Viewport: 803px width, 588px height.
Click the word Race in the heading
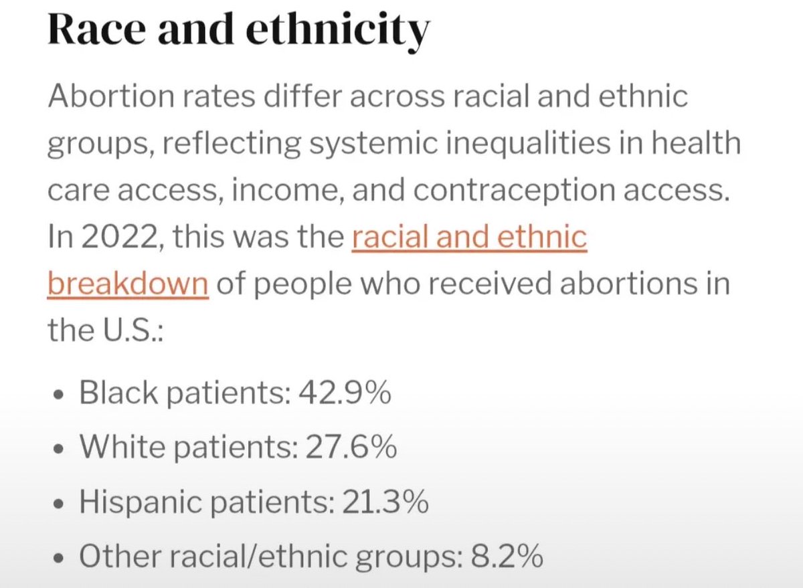(x=97, y=29)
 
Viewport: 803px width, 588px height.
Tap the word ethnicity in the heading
(x=338, y=33)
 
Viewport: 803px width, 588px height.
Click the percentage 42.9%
(x=345, y=392)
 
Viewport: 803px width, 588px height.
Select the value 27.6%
(x=351, y=446)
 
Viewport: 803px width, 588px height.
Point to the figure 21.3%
(x=385, y=501)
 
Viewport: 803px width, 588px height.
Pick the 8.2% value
(x=507, y=556)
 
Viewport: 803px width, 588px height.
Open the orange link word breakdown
(x=128, y=283)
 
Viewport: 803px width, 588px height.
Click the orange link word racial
(x=390, y=237)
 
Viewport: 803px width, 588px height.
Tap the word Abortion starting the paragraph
(x=111, y=96)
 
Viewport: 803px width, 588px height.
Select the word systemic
(x=373, y=144)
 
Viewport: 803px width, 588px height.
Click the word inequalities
(x=528, y=144)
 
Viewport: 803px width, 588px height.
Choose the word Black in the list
(x=118, y=392)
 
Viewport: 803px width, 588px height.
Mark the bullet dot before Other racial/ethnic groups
(x=58, y=559)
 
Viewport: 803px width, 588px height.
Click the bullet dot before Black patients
(x=58, y=395)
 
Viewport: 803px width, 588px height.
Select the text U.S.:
(x=132, y=330)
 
